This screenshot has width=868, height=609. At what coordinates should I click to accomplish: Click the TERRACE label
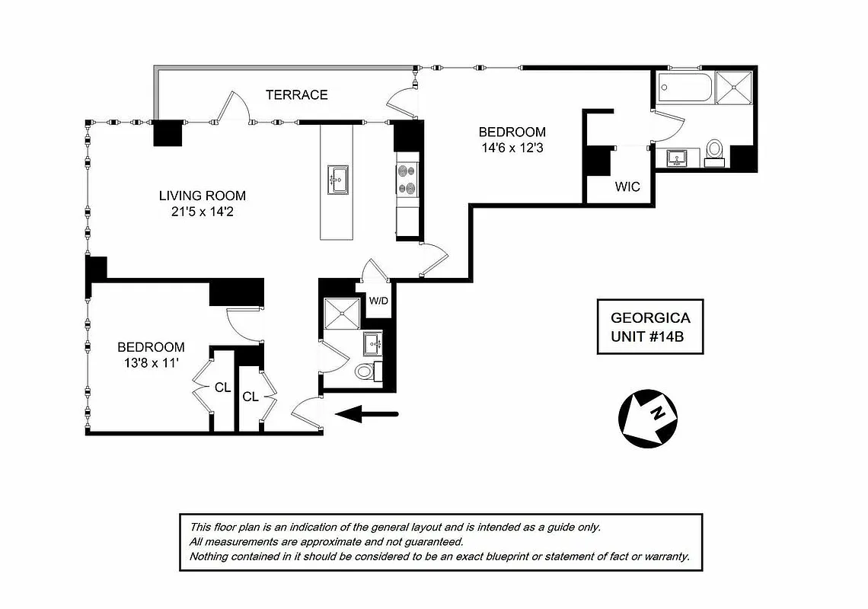coord(296,95)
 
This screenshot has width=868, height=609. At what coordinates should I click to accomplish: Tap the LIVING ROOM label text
coord(202,196)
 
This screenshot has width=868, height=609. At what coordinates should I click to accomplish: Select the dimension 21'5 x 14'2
coord(202,214)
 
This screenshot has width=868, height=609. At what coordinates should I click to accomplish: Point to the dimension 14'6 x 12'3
coord(511,148)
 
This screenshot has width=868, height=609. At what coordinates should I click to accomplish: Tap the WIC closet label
coord(628,187)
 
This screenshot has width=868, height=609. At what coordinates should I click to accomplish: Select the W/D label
coord(378,300)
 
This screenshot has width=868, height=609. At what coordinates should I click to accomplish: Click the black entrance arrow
coord(368,414)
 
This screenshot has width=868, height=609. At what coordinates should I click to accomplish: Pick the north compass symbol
coord(646,417)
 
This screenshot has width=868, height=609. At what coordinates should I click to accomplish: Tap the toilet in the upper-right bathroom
coord(715,150)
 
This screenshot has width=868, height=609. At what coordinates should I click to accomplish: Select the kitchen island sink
coord(338,180)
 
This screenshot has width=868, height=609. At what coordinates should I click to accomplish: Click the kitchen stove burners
coord(407,179)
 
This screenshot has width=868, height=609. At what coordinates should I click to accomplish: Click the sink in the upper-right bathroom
coord(677,158)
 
